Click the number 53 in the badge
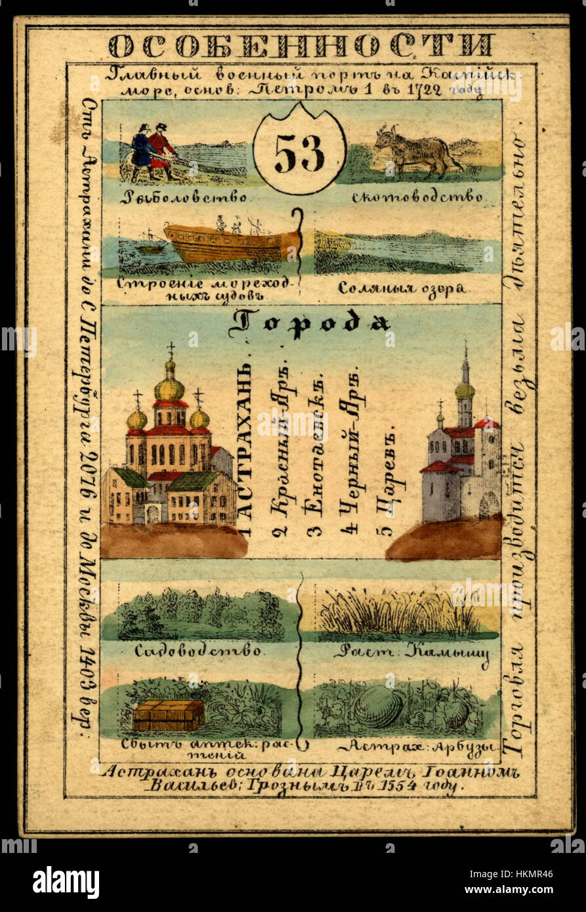coord(299,154)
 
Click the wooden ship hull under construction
coord(230,243)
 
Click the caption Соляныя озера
coord(402,288)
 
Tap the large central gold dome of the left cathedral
coord(169,388)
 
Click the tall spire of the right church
coord(465,367)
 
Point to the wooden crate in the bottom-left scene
coord(168,715)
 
